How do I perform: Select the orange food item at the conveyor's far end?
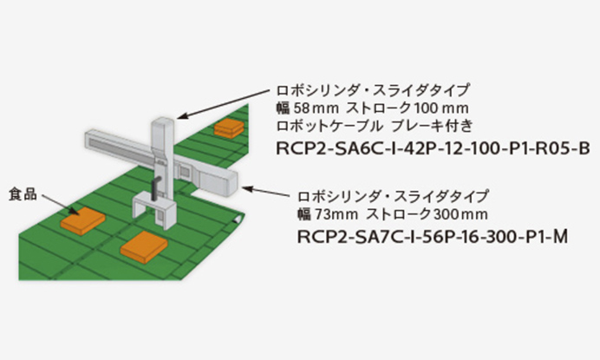click(229, 128)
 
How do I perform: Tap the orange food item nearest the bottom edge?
click(145, 249)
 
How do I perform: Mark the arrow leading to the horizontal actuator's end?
click(270, 188)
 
